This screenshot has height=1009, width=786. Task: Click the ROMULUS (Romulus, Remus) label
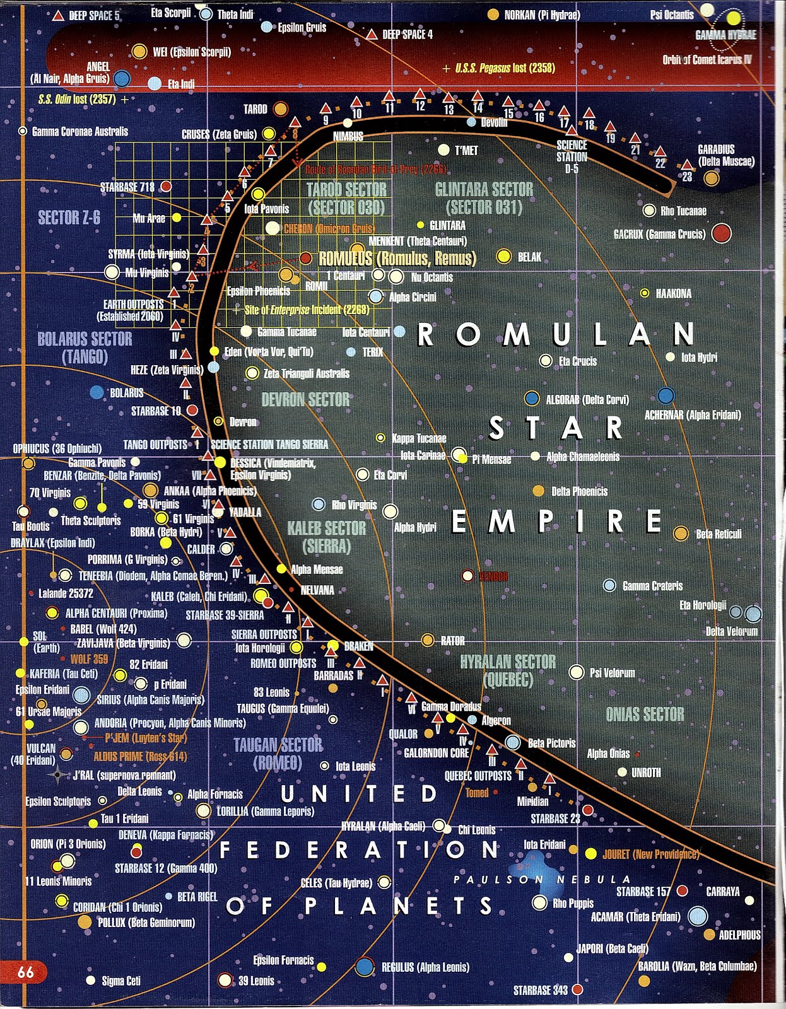397,259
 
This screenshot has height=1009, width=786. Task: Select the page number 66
26,972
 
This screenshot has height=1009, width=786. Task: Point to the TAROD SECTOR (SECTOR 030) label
346,198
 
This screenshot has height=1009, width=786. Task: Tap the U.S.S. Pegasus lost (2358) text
505,67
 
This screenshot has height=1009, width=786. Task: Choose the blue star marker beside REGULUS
365,966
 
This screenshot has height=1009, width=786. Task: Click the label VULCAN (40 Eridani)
41,754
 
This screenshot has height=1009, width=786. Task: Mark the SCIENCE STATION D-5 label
572,156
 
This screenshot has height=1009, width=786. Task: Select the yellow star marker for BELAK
503,256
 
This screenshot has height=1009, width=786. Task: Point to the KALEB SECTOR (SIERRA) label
326,537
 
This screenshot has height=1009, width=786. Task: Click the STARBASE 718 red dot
165,187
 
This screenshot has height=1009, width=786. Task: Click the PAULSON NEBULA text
541,879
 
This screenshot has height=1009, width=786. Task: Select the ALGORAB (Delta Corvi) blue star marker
532,399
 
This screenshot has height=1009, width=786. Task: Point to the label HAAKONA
673,294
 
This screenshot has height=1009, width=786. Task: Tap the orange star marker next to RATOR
428,640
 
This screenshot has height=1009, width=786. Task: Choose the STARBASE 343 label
541,990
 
